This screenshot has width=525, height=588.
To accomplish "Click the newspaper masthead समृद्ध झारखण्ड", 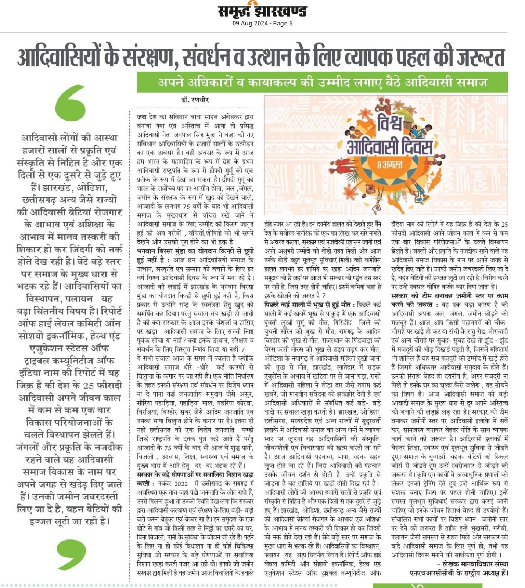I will click(262, 11).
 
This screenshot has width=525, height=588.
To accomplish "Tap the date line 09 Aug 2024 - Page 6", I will click(262, 24).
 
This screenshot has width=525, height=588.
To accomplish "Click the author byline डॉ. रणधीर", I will click(195, 100).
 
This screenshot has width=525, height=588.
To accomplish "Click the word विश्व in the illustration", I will click(389, 125).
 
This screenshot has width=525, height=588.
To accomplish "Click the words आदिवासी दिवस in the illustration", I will click(389, 147).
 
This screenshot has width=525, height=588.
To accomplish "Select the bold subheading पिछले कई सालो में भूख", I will click(309, 305).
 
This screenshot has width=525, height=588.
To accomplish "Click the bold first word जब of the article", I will click(141, 117).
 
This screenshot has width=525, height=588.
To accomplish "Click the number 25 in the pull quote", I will click(88, 386).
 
